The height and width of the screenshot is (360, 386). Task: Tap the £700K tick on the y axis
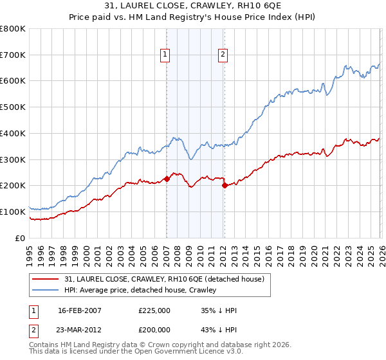click(x=13, y=55)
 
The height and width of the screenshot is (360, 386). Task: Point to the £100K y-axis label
click(x=13, y=212)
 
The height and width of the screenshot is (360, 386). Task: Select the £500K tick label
click(x=13, y=107)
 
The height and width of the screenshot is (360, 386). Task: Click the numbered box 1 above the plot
click(x=166, y=55)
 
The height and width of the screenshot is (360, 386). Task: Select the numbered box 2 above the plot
click(x=223, y=55)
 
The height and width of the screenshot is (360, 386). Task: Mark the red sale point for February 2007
click(x=167, y=179)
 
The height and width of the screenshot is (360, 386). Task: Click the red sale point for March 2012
click(x=225, y=185)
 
